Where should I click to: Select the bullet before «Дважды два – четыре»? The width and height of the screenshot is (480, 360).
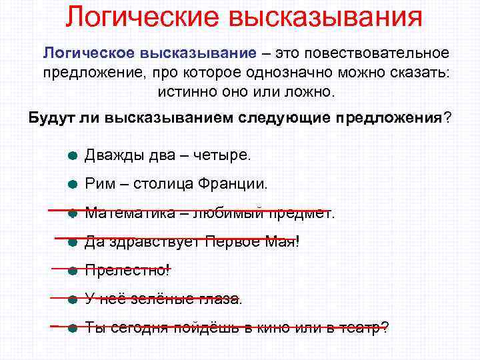73,156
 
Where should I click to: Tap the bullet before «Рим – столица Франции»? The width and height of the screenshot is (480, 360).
73,185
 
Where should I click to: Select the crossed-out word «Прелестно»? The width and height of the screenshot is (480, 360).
126,271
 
